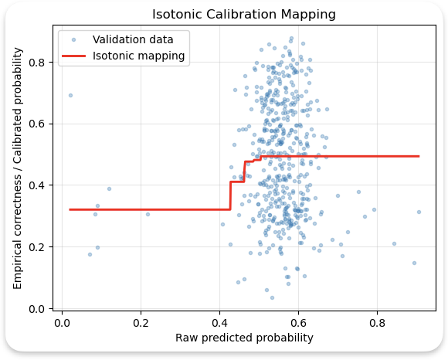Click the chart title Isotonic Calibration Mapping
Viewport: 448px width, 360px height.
[x=243, y=15]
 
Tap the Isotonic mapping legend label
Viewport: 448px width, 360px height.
[x=138, y=56]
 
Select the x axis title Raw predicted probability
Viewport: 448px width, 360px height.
[x=244, y=338]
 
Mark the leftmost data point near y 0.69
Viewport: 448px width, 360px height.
[x=70, y=96]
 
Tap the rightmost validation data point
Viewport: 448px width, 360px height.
[x=419, y=212]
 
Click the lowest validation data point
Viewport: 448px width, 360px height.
[x=272, y=297]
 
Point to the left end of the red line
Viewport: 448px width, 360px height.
[x=70, y=209]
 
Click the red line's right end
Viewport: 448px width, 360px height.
[x=419, y=156]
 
